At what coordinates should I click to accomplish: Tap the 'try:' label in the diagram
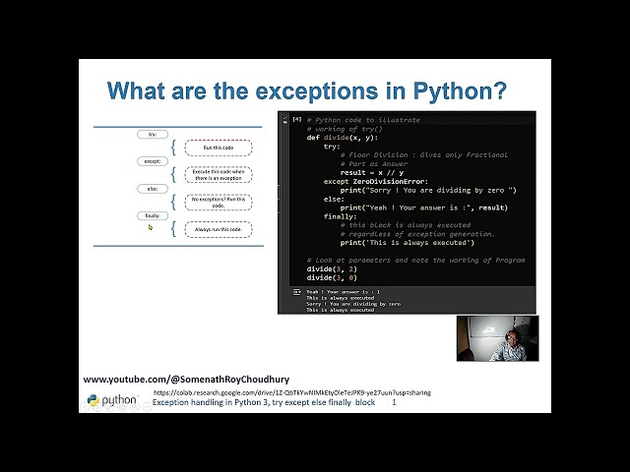(153, 134)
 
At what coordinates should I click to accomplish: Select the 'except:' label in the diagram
(153, 160)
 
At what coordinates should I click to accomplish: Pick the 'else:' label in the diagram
(153, 188)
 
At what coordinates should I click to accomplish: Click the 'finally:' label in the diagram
(153, 215)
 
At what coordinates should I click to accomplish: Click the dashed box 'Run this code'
(219, 147)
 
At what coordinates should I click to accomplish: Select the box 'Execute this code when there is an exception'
(219, 175)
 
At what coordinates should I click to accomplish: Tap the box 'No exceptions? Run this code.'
(219, 202)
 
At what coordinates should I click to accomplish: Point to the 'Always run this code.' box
(219, 229)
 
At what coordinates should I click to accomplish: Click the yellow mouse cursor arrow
(151, 227)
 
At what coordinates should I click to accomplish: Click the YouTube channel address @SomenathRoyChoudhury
(186, 379)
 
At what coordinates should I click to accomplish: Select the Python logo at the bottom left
(94, 400)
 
